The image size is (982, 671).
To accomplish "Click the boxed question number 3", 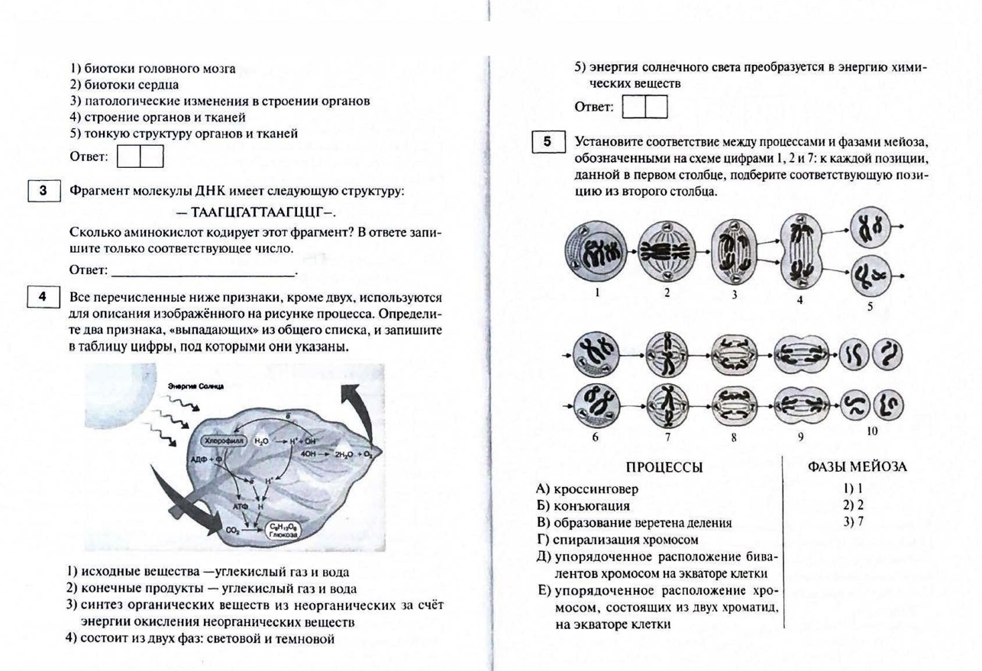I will point(44,191).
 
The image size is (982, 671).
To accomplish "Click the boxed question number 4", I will point(44,296).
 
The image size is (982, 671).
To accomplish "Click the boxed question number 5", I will point(548,142).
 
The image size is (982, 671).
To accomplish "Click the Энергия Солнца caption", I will point(195,387).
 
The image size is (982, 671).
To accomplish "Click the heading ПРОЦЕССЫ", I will point(664,467).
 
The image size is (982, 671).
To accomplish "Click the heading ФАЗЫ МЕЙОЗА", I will point(857,466).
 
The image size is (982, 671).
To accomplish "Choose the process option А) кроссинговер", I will point(587,489).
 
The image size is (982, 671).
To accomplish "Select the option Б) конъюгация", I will point(583,505).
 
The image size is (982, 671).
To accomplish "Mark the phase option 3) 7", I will point(853,522).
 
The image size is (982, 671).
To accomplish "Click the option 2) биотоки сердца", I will point(124,85).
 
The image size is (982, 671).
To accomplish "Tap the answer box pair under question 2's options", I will point(141,156).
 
